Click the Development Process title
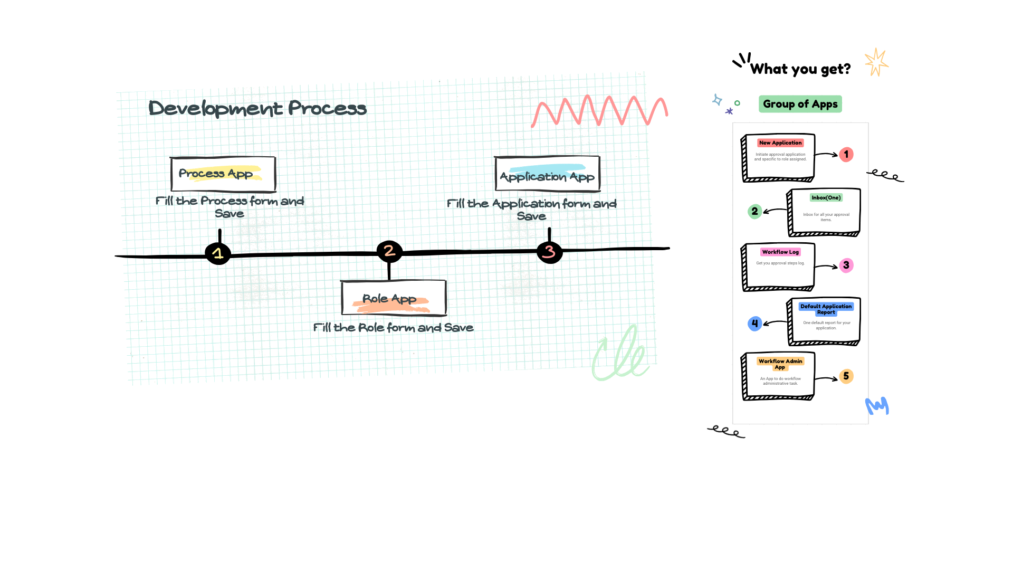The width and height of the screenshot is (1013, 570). (257, 108)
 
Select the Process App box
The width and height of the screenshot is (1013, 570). (223, 174)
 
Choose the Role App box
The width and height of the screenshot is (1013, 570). (393, 299)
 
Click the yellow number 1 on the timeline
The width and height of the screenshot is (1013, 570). (217, 254)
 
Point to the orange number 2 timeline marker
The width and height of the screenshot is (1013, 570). (389, 251)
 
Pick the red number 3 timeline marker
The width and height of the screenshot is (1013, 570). (549, 252)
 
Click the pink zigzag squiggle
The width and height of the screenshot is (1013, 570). (600, 111)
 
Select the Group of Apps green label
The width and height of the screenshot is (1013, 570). (800, 104)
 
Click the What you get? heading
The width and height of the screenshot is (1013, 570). (800, 69)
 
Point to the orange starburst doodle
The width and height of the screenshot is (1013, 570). (876, 62)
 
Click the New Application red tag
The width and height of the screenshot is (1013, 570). (780, 142)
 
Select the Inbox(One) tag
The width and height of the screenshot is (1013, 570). (826, 198)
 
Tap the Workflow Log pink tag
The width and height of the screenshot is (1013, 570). (780, 252)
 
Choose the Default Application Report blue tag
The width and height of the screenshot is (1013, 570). (826, 309)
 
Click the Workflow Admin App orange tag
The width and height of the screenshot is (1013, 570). (780, 364)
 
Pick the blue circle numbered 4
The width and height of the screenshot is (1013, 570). (755, 324)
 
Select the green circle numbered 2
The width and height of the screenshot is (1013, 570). (755, 212)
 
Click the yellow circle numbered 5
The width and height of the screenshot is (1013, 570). (846, 376)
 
